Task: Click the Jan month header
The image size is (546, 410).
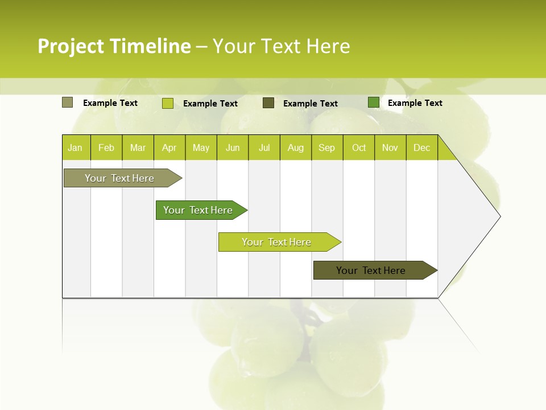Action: [x=76, y=147]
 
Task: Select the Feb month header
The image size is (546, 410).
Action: [x=106, y=147]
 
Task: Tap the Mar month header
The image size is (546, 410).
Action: [x=138, y=147]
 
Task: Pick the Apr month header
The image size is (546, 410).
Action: [x=169, y=147]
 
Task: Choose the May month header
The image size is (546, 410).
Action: [x=201, y=147]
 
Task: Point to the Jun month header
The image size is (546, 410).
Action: [x=233, y=147]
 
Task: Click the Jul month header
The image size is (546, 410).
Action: [x=264, y=147]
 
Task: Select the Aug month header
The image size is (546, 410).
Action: [x=296, y=147]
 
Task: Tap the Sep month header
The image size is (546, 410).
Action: [x=327, y=147]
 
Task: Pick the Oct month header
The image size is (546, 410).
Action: [x=359, y=147]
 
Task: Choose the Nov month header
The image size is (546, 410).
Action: [x=390, y=147]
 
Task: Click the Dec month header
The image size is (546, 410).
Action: [x=421, y=147]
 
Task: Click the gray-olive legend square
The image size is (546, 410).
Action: [x=68, y=102]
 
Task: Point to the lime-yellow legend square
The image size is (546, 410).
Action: [x=168, y=103]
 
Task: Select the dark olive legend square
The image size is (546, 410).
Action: [x=268, y=102]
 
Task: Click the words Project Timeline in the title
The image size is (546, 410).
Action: [x=114, y=46]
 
